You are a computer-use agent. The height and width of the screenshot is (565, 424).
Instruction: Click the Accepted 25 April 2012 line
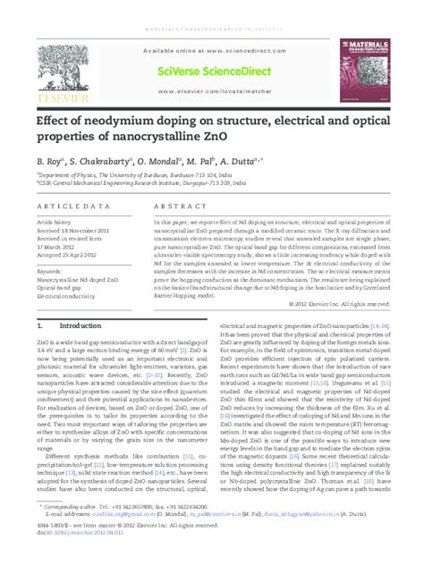(x=67, y=254)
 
